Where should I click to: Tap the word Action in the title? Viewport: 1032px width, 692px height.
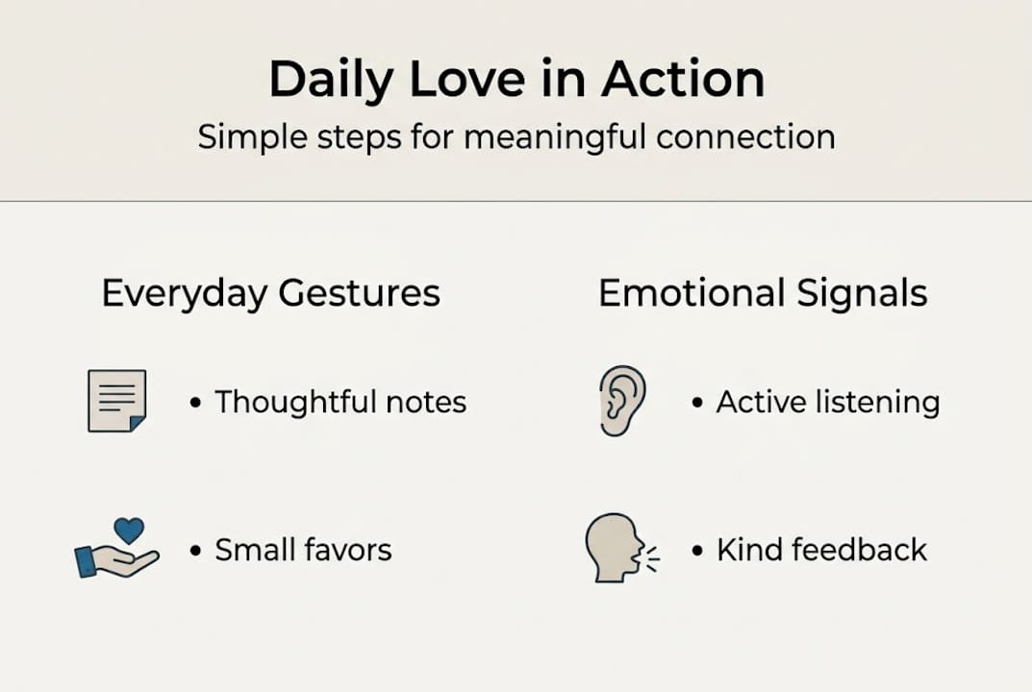(683, 80)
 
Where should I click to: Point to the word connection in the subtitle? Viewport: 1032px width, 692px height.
(745, 136)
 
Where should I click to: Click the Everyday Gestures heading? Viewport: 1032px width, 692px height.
(270, 293)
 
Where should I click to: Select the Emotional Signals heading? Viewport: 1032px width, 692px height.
(763, 293)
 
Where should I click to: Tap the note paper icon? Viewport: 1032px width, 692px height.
(116, 401)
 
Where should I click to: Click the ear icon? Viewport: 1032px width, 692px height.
(621, 401)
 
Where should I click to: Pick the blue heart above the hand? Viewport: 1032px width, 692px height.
(128, 530)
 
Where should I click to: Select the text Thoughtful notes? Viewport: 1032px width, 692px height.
(340, 402)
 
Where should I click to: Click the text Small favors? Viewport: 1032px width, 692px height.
(303, 551)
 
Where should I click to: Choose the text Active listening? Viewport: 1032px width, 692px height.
(827, 402)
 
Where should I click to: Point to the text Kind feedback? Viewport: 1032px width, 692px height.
(821, 551)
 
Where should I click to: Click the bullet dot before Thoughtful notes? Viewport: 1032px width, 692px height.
(196, 403)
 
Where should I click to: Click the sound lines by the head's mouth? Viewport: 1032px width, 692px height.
(653, 558)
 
